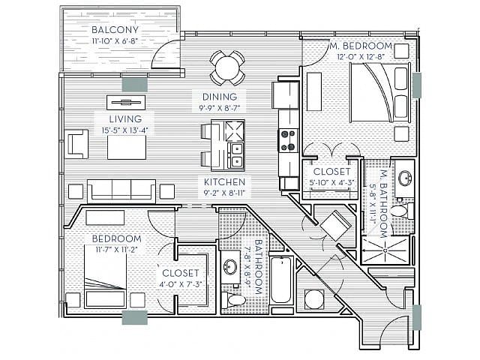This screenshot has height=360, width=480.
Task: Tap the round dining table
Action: click(x=227, y=68)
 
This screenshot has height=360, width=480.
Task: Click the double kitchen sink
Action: click(x=235, y=154)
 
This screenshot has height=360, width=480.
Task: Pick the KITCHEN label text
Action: click(x=225, y=182)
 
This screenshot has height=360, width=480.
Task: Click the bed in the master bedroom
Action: click(x=370, y=91)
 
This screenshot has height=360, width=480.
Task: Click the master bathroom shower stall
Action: click(x=385, y=244)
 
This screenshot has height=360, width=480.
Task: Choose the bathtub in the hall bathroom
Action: click(x=280, y=280)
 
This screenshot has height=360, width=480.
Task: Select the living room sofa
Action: click(x=121, y=191)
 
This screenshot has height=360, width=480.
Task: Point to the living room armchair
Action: click(x=77, y=142)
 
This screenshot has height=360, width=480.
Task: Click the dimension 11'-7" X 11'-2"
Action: click(x=117, y=250)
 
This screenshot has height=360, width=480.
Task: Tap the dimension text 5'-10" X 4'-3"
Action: click(x=331, y=181)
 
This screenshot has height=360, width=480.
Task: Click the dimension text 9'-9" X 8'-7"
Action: click(x=220, y=108)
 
